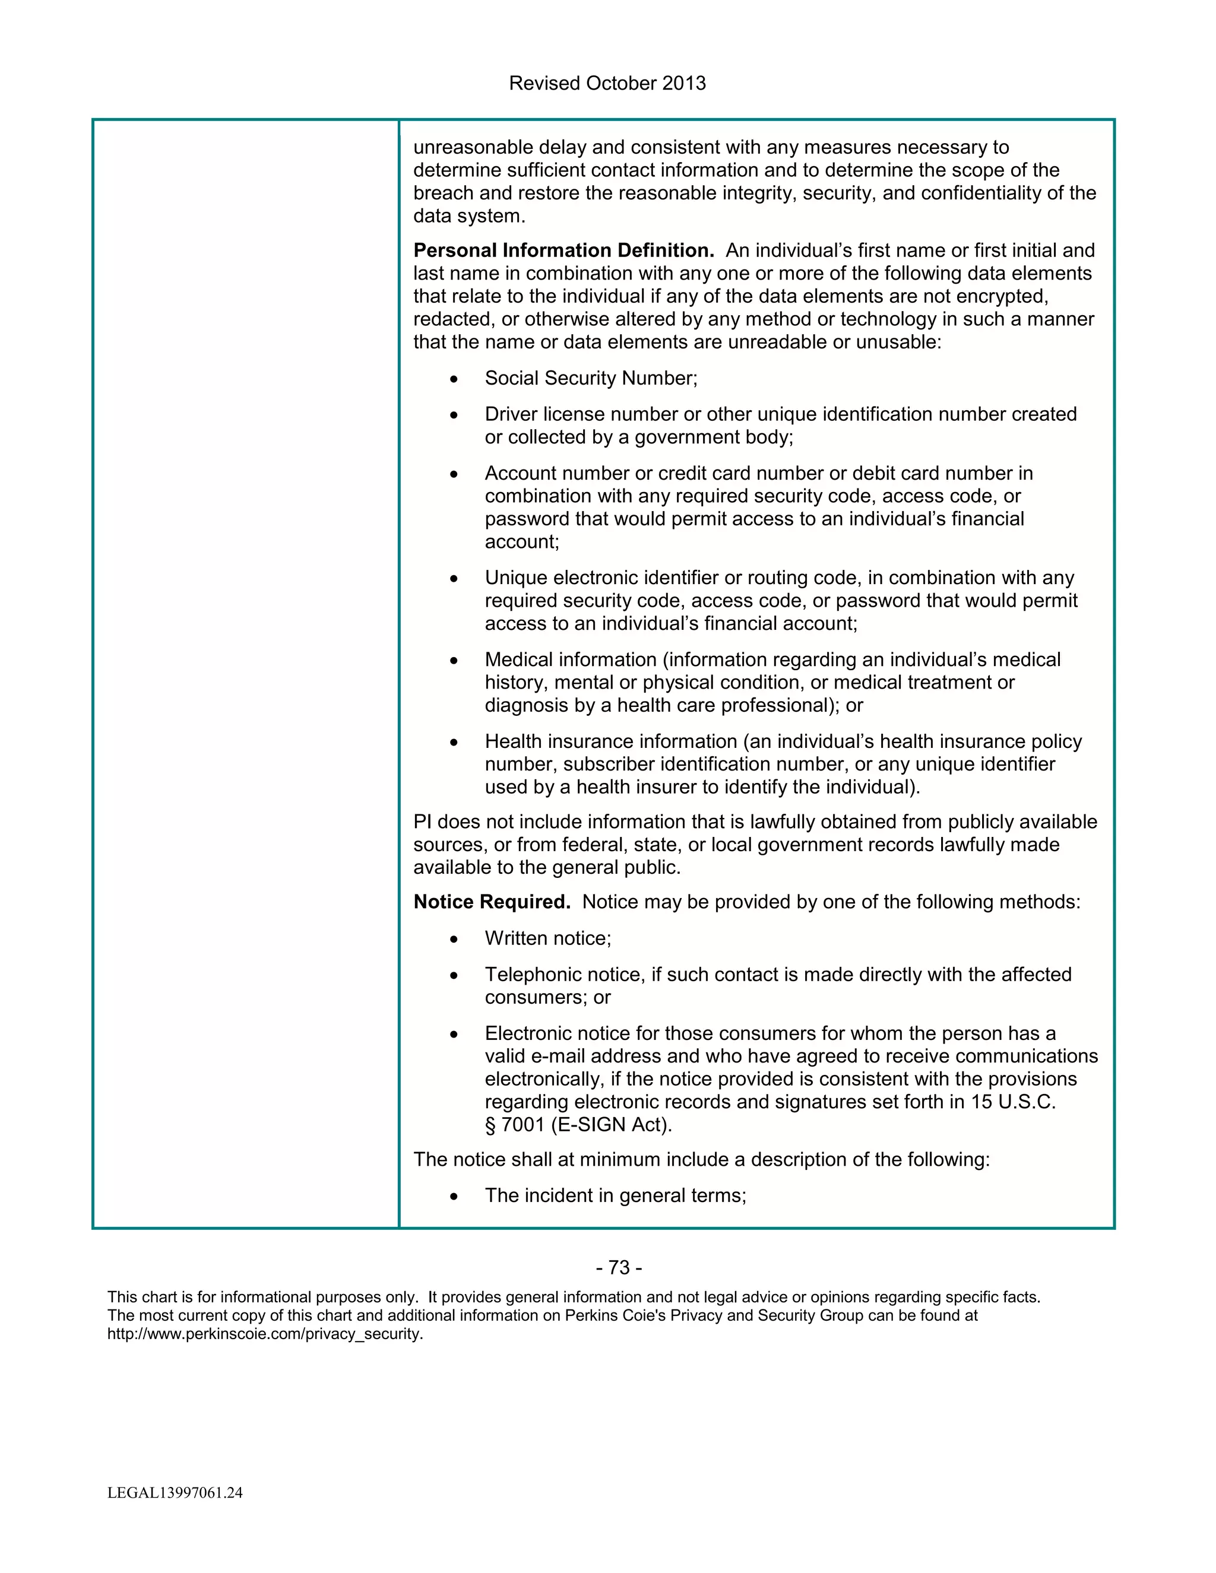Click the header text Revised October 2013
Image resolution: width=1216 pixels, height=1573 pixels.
[x=607, y=84]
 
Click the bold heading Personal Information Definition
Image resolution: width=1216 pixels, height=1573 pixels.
[x=563, y=250]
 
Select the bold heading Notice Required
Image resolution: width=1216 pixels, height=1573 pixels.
[x=491, y=902]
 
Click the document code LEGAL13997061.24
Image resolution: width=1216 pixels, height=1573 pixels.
[x=175, y=1492]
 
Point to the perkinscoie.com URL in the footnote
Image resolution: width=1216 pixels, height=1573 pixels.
[x=265, y=1334]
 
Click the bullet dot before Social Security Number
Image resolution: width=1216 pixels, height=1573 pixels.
[x=453, y=379]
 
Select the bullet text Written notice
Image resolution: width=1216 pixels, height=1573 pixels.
[x=547, y=938]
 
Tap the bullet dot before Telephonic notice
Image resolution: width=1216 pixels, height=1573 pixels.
[x=453, y=975]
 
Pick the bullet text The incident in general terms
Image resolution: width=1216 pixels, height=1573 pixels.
[x=615, y=1195]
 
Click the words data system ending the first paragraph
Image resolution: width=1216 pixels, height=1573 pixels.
[x=468, y=216]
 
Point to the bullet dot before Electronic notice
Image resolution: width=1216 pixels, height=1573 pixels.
[x=453, y=1034]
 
